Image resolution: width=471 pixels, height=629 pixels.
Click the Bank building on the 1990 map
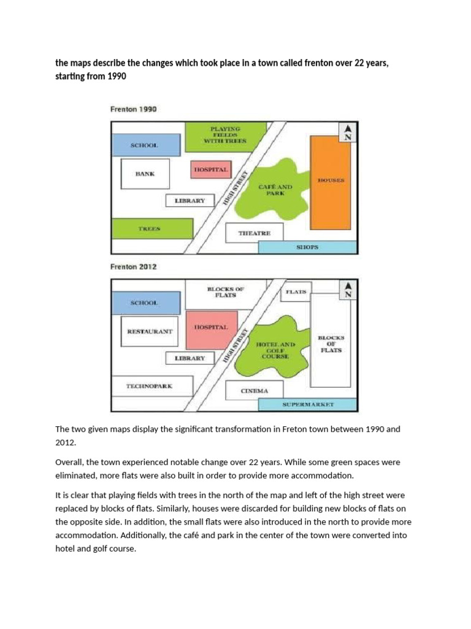(145, 174)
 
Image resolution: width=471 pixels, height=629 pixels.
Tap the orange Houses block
(331, 181)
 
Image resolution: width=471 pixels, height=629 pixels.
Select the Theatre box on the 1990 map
(255, 233)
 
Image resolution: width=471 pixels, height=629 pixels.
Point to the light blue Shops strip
(307, 247)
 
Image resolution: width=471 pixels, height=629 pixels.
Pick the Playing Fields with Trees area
(225, 136)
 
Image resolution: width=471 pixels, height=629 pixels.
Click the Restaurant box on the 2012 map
(150, 332)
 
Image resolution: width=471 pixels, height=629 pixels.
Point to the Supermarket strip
(307, 405)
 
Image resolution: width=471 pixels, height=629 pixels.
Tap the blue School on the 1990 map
(145, 145)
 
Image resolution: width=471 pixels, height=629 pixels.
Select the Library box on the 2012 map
(190, 358)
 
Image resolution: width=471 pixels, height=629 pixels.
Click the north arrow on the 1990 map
(348, 131)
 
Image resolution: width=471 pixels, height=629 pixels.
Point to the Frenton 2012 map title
(133, 267)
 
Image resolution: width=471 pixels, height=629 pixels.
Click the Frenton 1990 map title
(133, 109)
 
